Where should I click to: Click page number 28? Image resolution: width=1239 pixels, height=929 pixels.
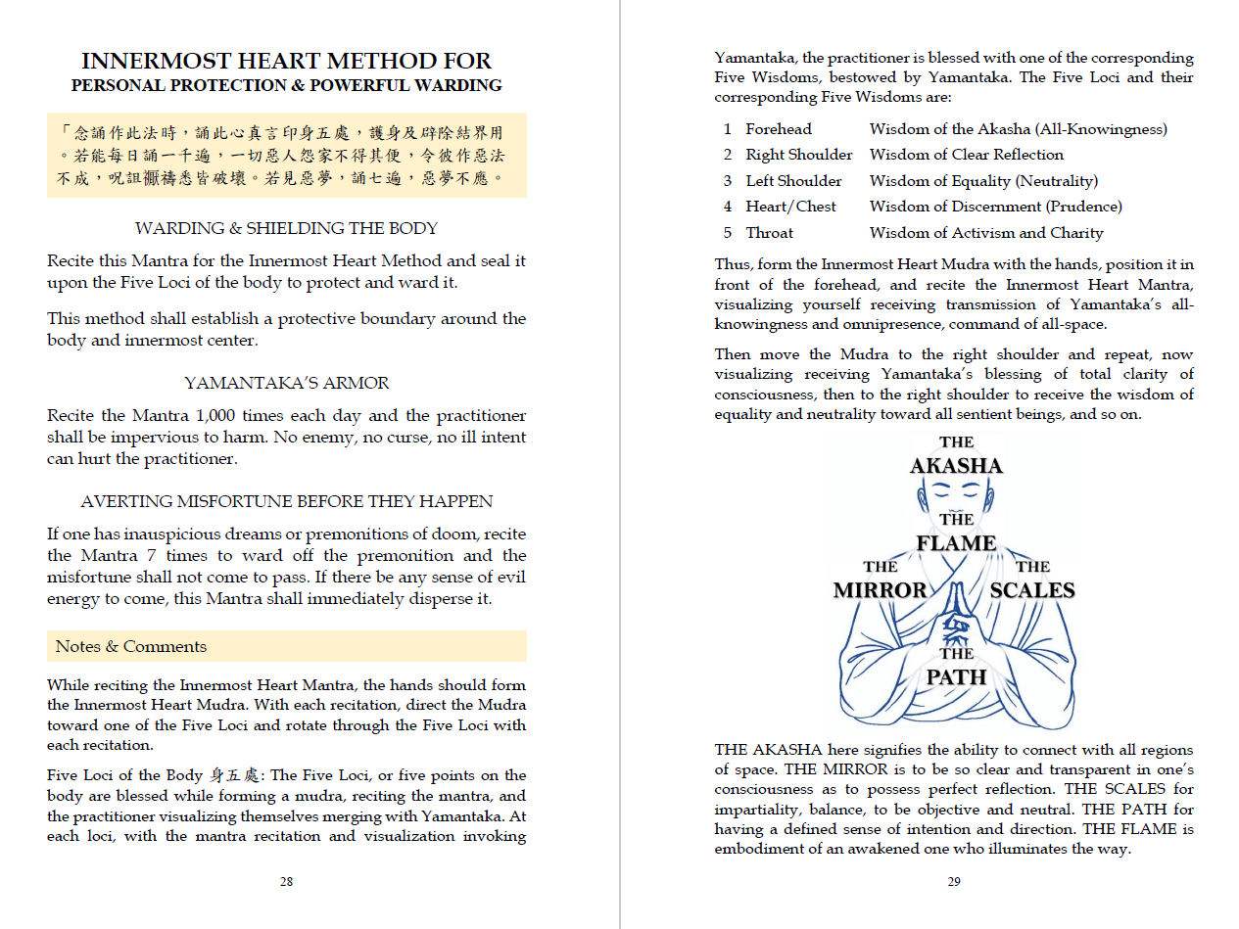pyautogui.click(x=286, y=881)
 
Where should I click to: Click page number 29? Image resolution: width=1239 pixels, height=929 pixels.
pyautogui.click(x=954, y=881)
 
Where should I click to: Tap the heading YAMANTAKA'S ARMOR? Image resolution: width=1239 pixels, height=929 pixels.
pyautogui.click(x=286, y=383)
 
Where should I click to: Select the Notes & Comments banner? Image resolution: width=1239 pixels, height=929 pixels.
pyautogui.click(x=286, y=646)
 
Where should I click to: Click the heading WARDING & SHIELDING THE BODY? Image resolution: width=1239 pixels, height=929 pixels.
pyautogui.click(x=286, y=228)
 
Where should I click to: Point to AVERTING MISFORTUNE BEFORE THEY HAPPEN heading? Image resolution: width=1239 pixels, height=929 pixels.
pyautogui.click(x=286, y=501)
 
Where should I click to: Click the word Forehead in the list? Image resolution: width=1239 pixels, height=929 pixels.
pyautogui.click(x=779, y=129)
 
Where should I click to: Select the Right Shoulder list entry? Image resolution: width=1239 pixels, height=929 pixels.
pyautogui.click(x=798, y=155)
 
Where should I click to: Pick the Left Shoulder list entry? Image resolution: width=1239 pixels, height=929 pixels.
pyautogui.click(x=793, y=181)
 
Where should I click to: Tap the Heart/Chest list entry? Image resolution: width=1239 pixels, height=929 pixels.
pyautogui.click(x=790, y=207)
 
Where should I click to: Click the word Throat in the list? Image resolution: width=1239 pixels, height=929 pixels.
pyautogui.click(x=770, y=233)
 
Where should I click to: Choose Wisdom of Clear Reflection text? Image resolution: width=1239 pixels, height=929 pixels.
pyautogui.click(x=966, y=155)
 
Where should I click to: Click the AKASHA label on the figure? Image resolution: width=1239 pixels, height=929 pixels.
pyautogui.click(x=956, y=466)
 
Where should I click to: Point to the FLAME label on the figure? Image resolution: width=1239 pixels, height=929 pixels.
pyautogui.click(x=956, y=543)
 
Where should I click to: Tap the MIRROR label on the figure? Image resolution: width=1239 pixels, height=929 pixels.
pyautogui.click(x=880, y=590)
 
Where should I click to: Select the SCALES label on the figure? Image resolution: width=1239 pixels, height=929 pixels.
pyautogui.click(x=1032, y=590)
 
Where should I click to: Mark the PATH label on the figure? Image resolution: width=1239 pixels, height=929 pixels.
pyautogui.click(x=956, y=677)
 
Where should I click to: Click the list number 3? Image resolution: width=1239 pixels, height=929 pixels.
pyautogui.click(x=728, y=181)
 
